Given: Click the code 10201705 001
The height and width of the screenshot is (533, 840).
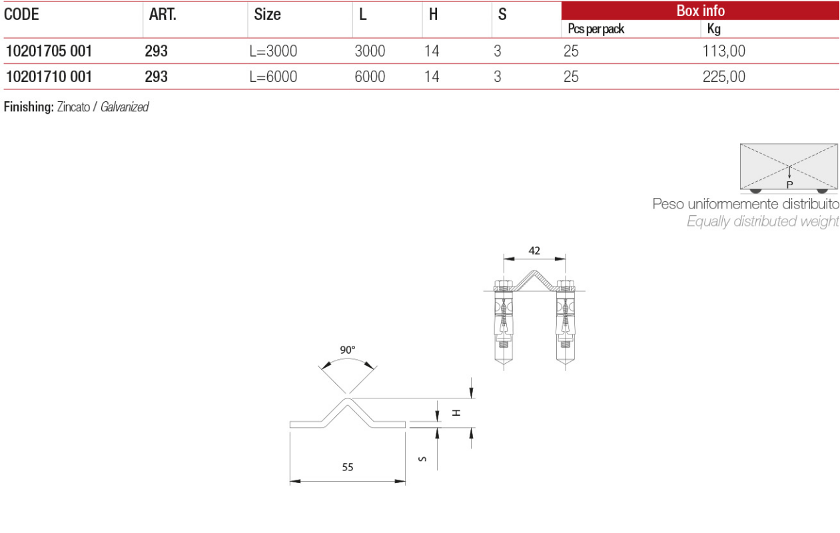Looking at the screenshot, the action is (49, 51).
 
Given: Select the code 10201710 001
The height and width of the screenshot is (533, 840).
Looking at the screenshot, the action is (49, 77).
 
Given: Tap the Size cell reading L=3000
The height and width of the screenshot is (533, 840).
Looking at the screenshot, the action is (273, 51).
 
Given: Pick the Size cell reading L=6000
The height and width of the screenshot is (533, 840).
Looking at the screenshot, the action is (273, 77).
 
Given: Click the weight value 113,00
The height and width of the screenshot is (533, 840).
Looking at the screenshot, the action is (723, 51).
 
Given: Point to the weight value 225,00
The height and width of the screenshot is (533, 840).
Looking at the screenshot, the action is (723, 77).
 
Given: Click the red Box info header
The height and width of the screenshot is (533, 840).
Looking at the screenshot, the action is (700, 11).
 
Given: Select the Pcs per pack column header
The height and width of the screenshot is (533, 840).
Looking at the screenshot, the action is (596, 29).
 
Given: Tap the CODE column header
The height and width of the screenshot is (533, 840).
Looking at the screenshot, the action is (21, 14).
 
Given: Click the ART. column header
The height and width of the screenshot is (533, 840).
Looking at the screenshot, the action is (163, 14).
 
